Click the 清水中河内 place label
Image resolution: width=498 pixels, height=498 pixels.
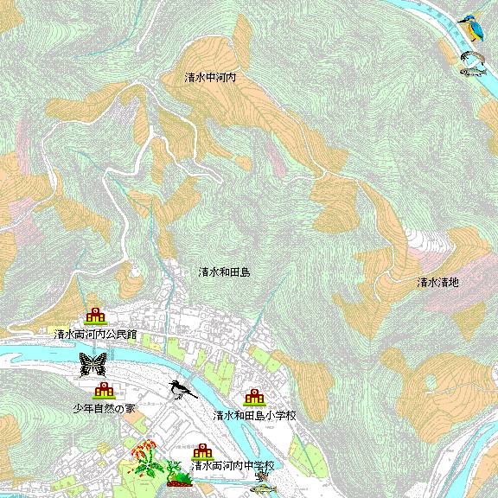click(210, 77)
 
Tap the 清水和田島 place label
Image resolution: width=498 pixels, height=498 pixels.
click(224, 271)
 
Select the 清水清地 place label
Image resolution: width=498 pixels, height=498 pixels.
click(438, 282)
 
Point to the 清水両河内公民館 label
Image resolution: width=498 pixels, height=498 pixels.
click(95, 333)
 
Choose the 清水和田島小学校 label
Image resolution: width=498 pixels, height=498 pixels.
click(255, 415)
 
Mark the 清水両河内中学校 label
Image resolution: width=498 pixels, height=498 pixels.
click(232, 465)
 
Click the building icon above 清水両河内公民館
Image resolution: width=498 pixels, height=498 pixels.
click(95, 316)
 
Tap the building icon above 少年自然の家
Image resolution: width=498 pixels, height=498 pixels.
click(104, 391)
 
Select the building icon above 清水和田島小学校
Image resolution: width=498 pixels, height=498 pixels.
click(254, 398)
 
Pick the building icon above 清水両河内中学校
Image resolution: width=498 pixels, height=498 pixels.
click(202, 450)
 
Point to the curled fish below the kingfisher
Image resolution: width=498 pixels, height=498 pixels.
click(472, 57)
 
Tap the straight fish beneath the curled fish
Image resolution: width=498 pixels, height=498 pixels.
click(471, 71)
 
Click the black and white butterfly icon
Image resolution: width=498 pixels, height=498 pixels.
click(92, 364)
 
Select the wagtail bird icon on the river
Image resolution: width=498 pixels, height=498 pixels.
click(182, 391)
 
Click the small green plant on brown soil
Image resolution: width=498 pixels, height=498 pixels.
click(179, 477)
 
